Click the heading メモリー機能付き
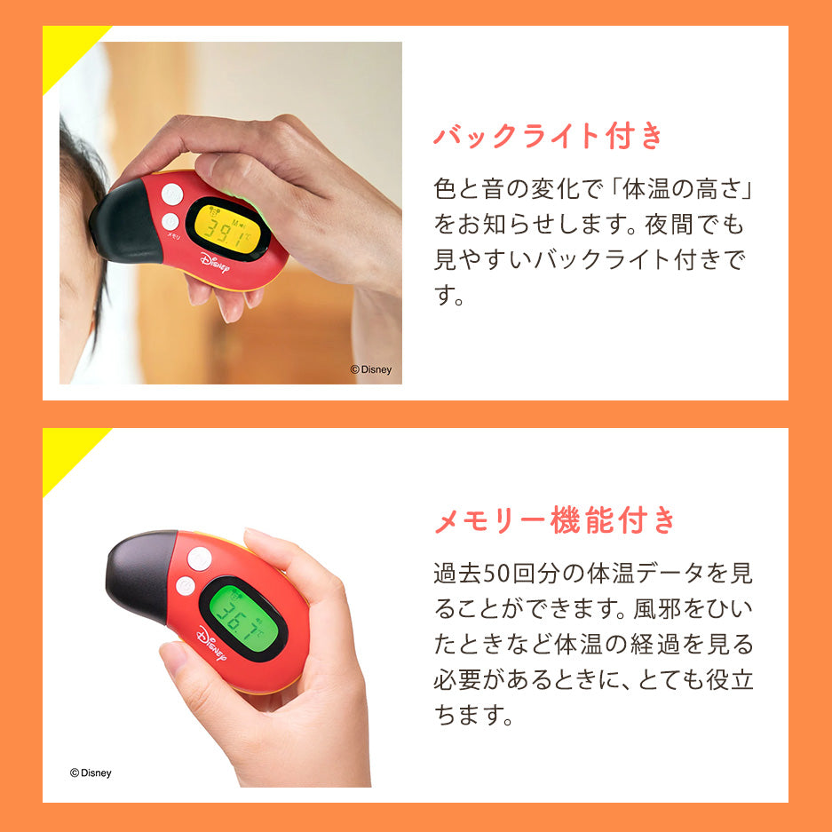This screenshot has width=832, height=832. [x=555, y=520]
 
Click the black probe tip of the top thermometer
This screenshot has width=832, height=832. [x=123, y=225]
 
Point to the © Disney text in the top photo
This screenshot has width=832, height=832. [x=370, y=370]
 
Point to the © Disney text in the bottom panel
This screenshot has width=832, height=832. [x=91, y=773]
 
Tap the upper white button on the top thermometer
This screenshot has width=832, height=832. [x=172, y=194]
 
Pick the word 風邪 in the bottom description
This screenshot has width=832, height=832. [x=677, y=609]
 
